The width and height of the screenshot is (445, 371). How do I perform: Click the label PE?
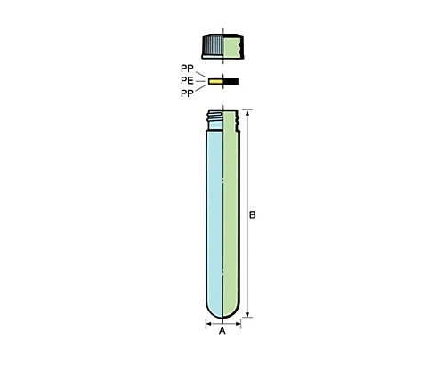click(187, 81)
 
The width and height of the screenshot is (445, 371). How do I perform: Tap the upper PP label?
click(187, 69)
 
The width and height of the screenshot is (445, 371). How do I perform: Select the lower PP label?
click(187, 93)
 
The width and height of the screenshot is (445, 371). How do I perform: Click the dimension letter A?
click(222, 331)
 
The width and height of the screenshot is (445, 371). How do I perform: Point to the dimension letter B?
click(252, 214)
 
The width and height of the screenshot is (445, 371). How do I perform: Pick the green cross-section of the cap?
click(231, 47)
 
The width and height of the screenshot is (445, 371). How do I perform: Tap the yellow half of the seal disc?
click(215, 81)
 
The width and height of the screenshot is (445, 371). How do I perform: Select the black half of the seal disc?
click(231, 81)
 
